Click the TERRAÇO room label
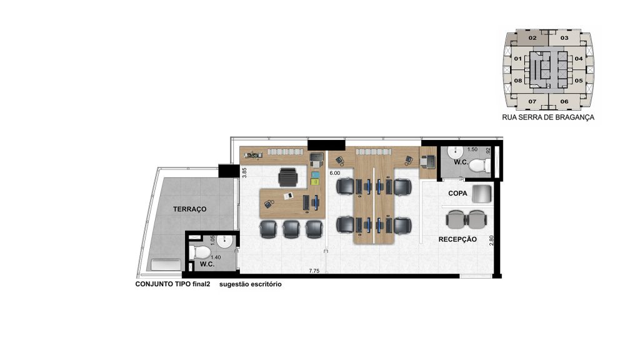(190, 209)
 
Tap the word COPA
(457, 193)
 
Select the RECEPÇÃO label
(457, 239)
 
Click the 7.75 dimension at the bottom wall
(314, 271)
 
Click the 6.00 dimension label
(335, 173)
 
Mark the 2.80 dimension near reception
(491, 241)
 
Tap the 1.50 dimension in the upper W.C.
(472, 149)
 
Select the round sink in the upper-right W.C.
(454, 152)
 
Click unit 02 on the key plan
(532, 38)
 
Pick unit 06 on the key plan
(564, 102)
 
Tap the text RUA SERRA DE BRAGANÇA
(547, 117)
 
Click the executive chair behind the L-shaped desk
(288, 177)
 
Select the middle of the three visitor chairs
(291, 229)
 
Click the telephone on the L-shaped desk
(269, 204)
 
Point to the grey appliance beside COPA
(482, 194)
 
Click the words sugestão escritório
(250, 284)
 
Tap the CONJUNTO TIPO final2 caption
(172, 284)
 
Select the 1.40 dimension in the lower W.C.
(215, 257)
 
